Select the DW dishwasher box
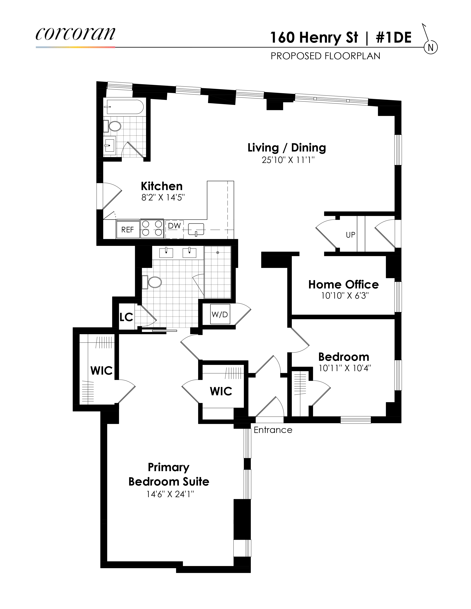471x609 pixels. click(x=174, y=229)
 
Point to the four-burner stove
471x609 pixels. click(x=152, y=228)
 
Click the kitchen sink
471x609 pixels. click(x=196, y=230)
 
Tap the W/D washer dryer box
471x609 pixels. click(x=220, y=314)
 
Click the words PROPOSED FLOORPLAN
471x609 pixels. click(x=325, y=56)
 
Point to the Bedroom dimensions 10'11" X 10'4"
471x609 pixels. click(x=345, y=368)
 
